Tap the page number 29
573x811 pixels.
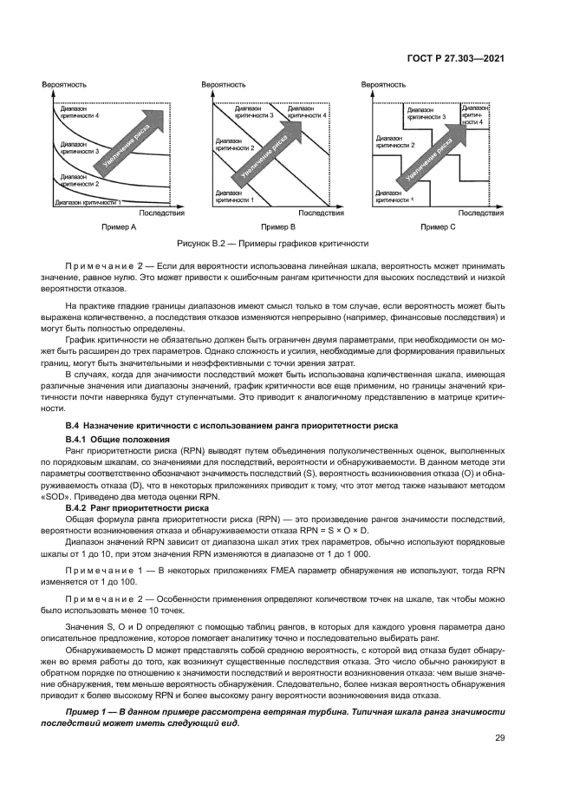(x=499, y=738)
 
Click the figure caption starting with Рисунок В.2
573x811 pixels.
(x=273, y=244)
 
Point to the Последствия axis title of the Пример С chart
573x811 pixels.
(x=481, y=212)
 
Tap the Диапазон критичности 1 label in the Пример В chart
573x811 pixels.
(x=235, y=197)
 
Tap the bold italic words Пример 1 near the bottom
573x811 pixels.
(x=89, y=711)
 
